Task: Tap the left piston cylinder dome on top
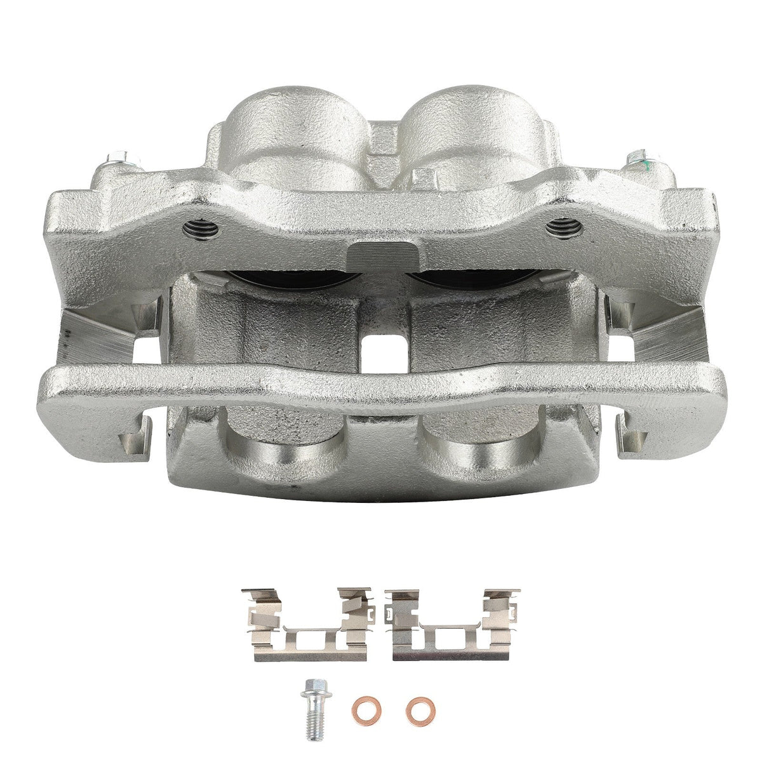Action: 286,127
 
